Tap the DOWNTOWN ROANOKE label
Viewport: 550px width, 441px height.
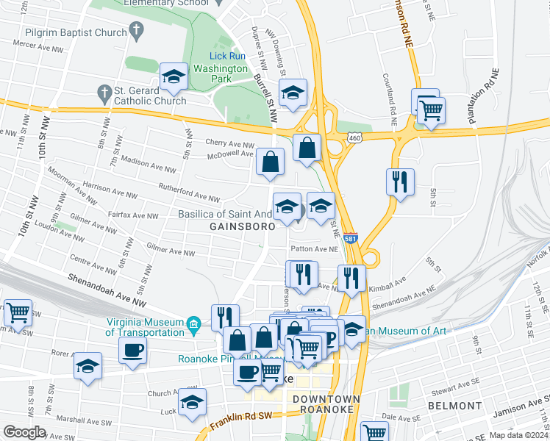click(326, 405)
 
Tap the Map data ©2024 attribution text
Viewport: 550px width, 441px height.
click(518, 435)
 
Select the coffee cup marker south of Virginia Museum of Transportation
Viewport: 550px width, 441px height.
click(133, 350)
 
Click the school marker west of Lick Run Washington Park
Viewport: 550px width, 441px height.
click(174, 76)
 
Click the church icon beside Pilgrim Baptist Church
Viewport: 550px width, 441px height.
click(135, 31)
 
